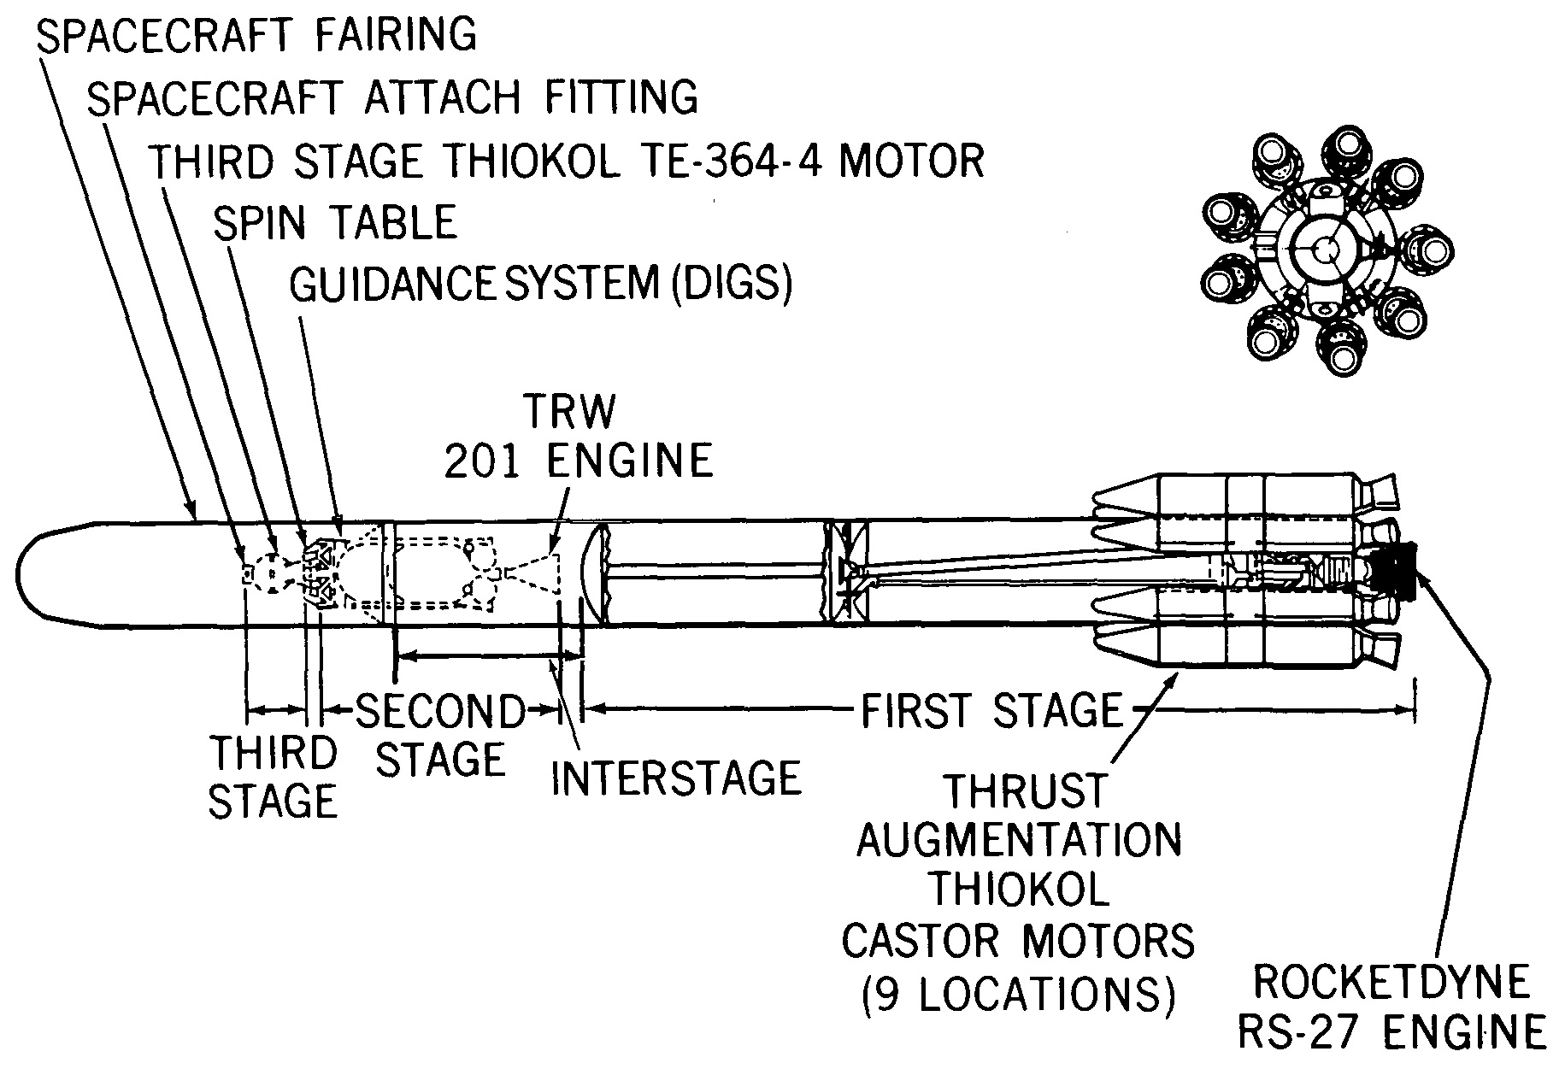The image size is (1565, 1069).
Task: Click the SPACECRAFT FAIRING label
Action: tap(256, 35)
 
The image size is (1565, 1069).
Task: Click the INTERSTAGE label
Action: tap(676, 778)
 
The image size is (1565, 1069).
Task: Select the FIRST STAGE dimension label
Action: tap(991, 710)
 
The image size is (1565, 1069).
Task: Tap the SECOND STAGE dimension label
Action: tap(440, 735)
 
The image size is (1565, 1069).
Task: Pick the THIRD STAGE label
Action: tap(274, 778)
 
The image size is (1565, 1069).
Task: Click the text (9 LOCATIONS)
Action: tap(1018, 994)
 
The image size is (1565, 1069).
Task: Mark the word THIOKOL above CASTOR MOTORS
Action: tap(1018, 890)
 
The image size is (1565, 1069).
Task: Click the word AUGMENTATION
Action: tap(1019, 840)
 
